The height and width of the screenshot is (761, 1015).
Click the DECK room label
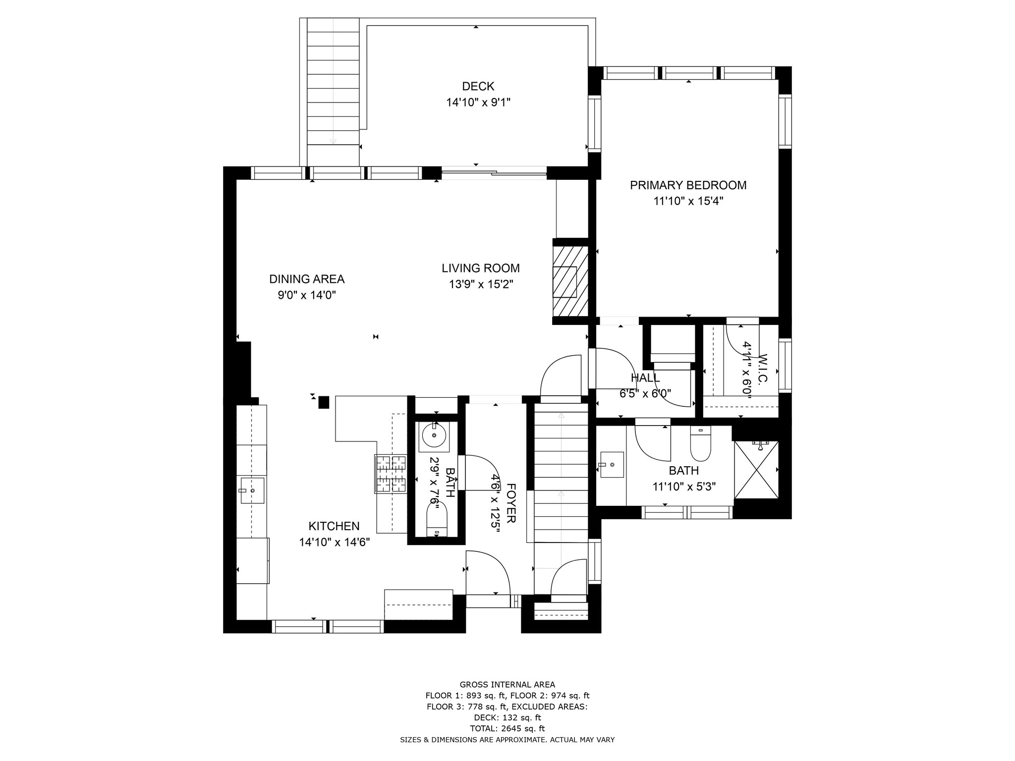[478, 86]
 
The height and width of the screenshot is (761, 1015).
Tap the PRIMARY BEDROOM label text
[688, 185]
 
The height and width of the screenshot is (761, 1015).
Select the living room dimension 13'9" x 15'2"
[480, 284]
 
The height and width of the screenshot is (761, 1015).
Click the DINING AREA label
[306, 279]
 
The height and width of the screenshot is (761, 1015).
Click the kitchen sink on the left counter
[252, 490]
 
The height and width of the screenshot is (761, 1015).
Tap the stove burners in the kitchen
[391, 474]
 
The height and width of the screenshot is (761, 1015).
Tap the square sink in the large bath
[612, 465]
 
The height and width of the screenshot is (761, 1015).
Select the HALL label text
[645, 378]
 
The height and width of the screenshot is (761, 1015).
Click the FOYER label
[511, 503]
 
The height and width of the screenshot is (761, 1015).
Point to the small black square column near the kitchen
[324, 402]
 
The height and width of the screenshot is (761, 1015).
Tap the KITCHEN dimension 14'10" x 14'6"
[334, 543]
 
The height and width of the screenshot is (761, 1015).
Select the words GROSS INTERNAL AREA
[507, 685]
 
